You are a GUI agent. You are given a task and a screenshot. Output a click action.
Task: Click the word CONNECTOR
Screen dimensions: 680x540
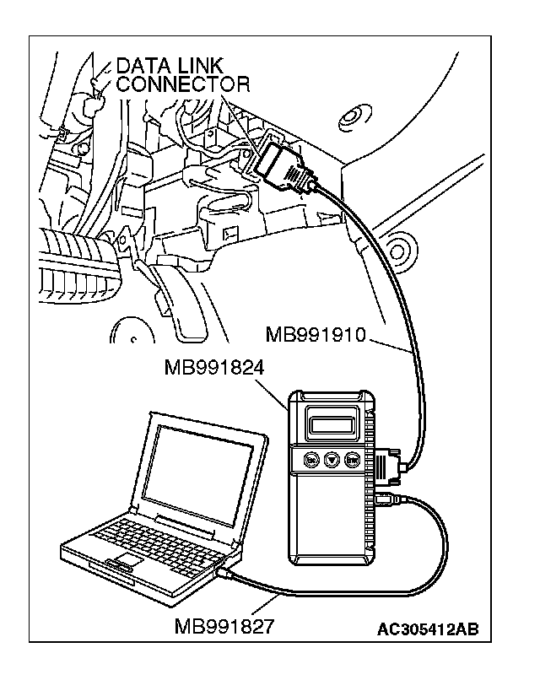(x=182, y=84)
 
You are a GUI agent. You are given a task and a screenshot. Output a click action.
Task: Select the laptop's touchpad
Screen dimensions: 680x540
(x=128, y=562)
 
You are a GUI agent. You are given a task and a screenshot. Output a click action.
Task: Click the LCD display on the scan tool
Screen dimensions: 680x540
(x=333, y=418)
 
